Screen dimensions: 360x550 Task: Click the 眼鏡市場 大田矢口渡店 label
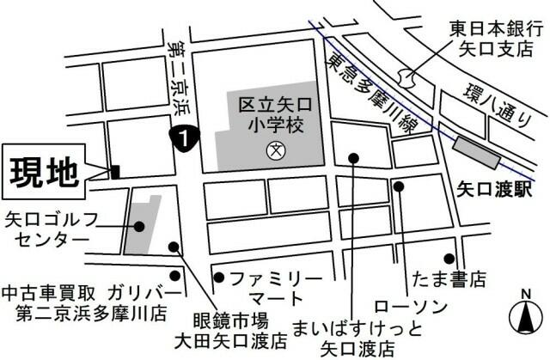[231, 332]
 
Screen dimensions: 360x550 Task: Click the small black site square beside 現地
[114, 172]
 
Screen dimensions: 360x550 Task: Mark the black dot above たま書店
[449, 258]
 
